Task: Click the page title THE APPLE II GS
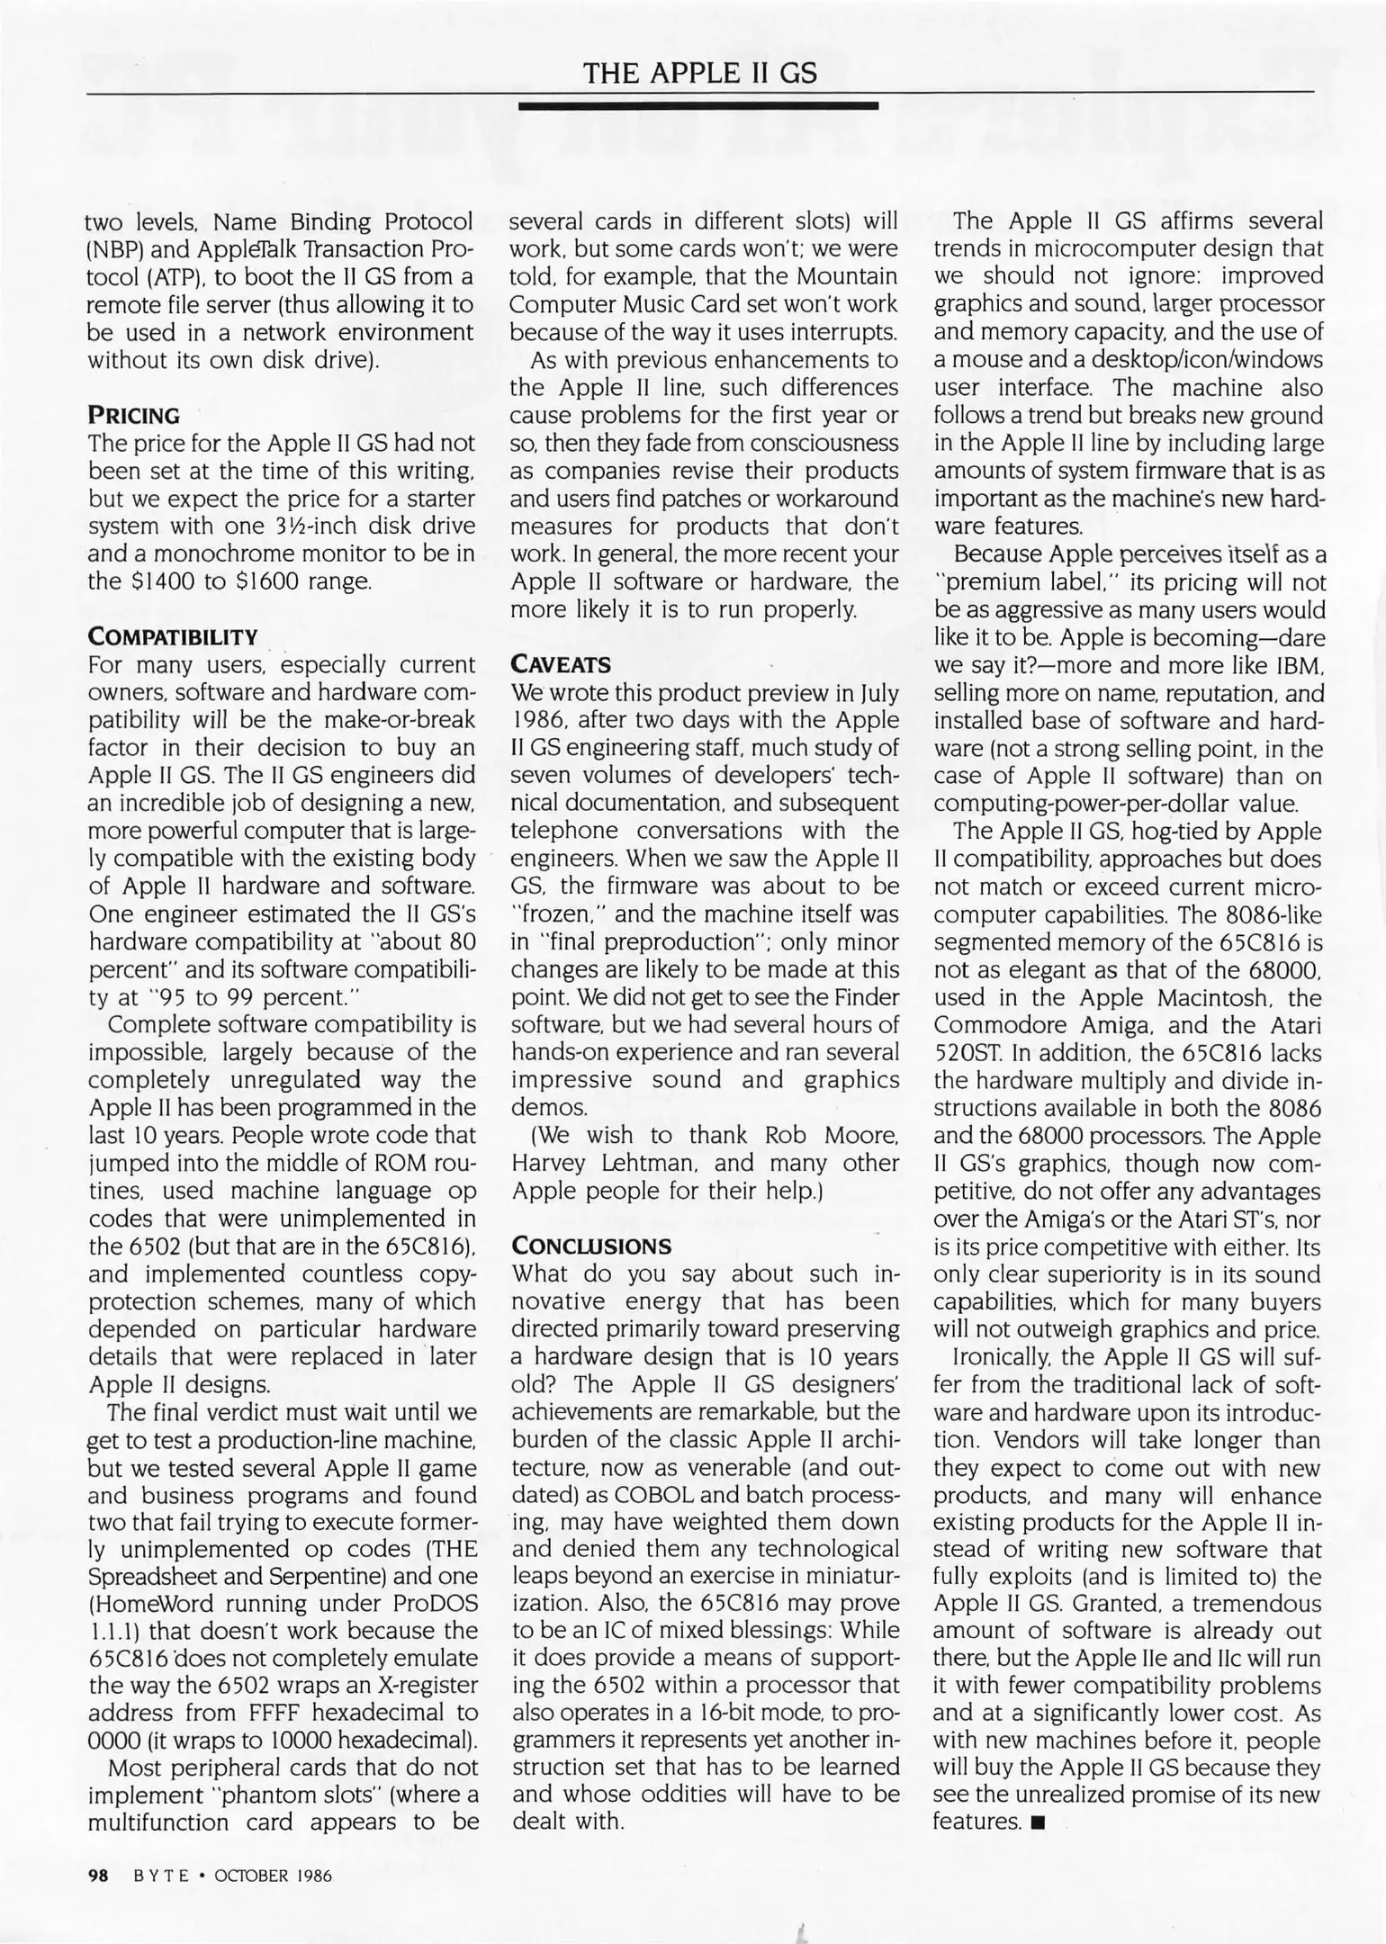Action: [x=700, y=72]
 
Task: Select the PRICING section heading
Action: [x=133, y=416]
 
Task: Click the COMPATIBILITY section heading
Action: [x=173, y=637]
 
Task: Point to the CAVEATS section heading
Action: [x=561, y=665]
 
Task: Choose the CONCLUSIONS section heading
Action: [x=591, y=1246]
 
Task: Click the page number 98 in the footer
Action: [x=98, y=1876]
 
